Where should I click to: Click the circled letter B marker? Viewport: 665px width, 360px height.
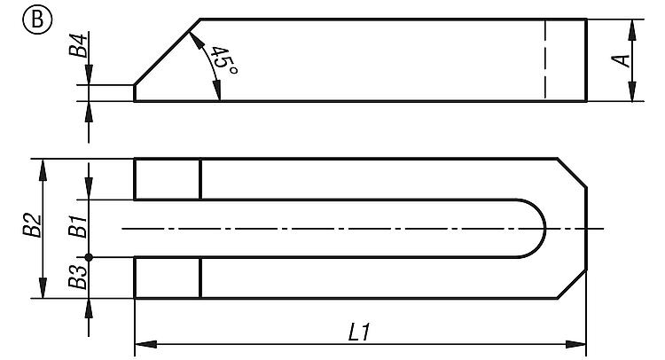coord(37,20)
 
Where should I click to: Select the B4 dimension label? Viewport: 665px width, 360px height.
coord(78,44)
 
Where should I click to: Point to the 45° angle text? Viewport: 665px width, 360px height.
coord(224,60)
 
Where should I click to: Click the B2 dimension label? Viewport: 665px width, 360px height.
coord(33,225)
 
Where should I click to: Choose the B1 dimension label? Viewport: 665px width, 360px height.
coord(78,226)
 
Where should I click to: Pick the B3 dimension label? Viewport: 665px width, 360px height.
coord(78,278)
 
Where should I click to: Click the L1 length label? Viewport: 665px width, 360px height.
coord(359,332)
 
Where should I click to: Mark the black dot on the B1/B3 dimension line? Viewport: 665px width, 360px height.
coord(89,257)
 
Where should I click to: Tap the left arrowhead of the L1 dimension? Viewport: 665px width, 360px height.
coord(145,344)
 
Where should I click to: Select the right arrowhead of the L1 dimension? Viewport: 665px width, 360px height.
coord(576,344)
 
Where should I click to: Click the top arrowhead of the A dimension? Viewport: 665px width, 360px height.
coord(632,29)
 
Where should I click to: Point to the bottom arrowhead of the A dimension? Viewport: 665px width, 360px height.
coord(632,90)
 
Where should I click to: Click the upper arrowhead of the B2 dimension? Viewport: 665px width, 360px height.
coord(43,169)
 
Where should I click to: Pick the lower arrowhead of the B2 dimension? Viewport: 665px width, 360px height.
coord(43,287)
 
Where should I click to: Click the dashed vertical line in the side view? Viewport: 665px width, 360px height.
coord(545,60)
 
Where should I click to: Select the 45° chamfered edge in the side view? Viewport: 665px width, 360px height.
coord(167,52)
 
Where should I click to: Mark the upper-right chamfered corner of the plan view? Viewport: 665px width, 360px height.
coord(572,173)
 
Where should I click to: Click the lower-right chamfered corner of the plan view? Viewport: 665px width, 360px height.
coord(572,284)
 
